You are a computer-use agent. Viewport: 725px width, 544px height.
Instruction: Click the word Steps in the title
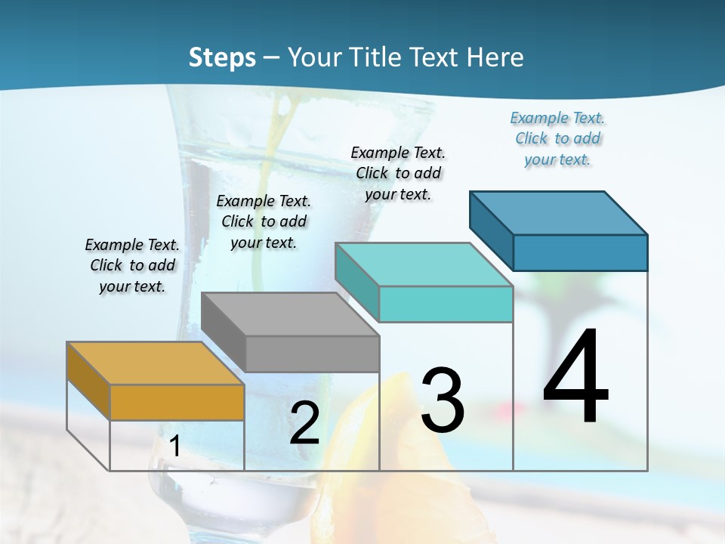[222, 57]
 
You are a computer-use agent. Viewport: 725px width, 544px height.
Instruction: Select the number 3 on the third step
[443, 400]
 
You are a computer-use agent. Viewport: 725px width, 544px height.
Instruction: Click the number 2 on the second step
[304, 423]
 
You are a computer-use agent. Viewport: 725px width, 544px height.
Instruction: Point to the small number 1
[174, 447]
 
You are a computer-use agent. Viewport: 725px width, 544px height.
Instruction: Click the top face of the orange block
[156, 363]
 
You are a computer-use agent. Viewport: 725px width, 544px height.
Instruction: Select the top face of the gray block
[290, 314]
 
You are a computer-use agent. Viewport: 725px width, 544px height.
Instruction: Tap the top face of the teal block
[424, 264]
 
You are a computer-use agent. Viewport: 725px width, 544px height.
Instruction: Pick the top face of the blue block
[559, 212]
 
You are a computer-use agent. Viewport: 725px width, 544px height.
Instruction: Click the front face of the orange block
[177, 402]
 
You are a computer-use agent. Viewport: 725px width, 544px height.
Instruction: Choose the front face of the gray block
[312, 354]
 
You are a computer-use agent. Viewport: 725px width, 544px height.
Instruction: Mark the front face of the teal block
[446, 304]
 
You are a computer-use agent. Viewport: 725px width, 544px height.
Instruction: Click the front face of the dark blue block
[580, 252]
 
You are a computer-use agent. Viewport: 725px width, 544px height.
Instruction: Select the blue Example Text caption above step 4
[557, 139]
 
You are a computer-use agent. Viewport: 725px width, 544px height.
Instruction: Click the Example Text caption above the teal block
[398, 173]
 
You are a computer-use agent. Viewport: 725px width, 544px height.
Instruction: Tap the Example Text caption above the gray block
[264, 221]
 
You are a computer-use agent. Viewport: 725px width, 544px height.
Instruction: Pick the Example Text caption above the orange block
[132, 265]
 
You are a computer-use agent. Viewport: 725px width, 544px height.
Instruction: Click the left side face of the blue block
[491, 230]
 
